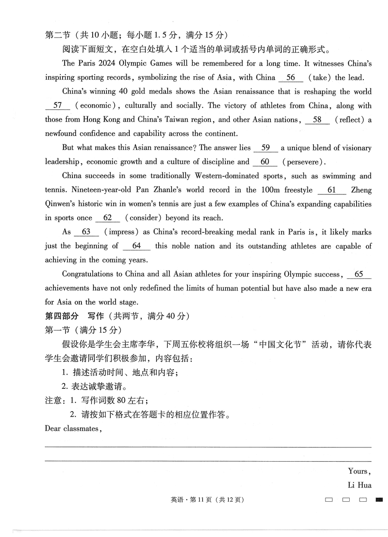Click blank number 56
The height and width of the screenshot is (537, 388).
(291, 78)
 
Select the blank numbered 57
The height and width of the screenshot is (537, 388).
(58, 106)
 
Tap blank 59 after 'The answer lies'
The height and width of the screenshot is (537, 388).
(266, 148)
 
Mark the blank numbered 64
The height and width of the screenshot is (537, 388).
(137, 246)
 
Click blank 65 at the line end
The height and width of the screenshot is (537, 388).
(359, 274)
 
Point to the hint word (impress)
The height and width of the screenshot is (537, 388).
(121, 232)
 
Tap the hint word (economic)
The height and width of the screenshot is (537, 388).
(96, 106)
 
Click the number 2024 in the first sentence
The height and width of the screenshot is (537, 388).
(103, 63)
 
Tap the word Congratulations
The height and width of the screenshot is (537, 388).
(89, 274)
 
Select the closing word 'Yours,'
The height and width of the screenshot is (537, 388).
(360, 471)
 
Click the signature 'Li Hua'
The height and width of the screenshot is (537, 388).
(360, 485)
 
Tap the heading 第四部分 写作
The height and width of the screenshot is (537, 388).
(74, 316)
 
